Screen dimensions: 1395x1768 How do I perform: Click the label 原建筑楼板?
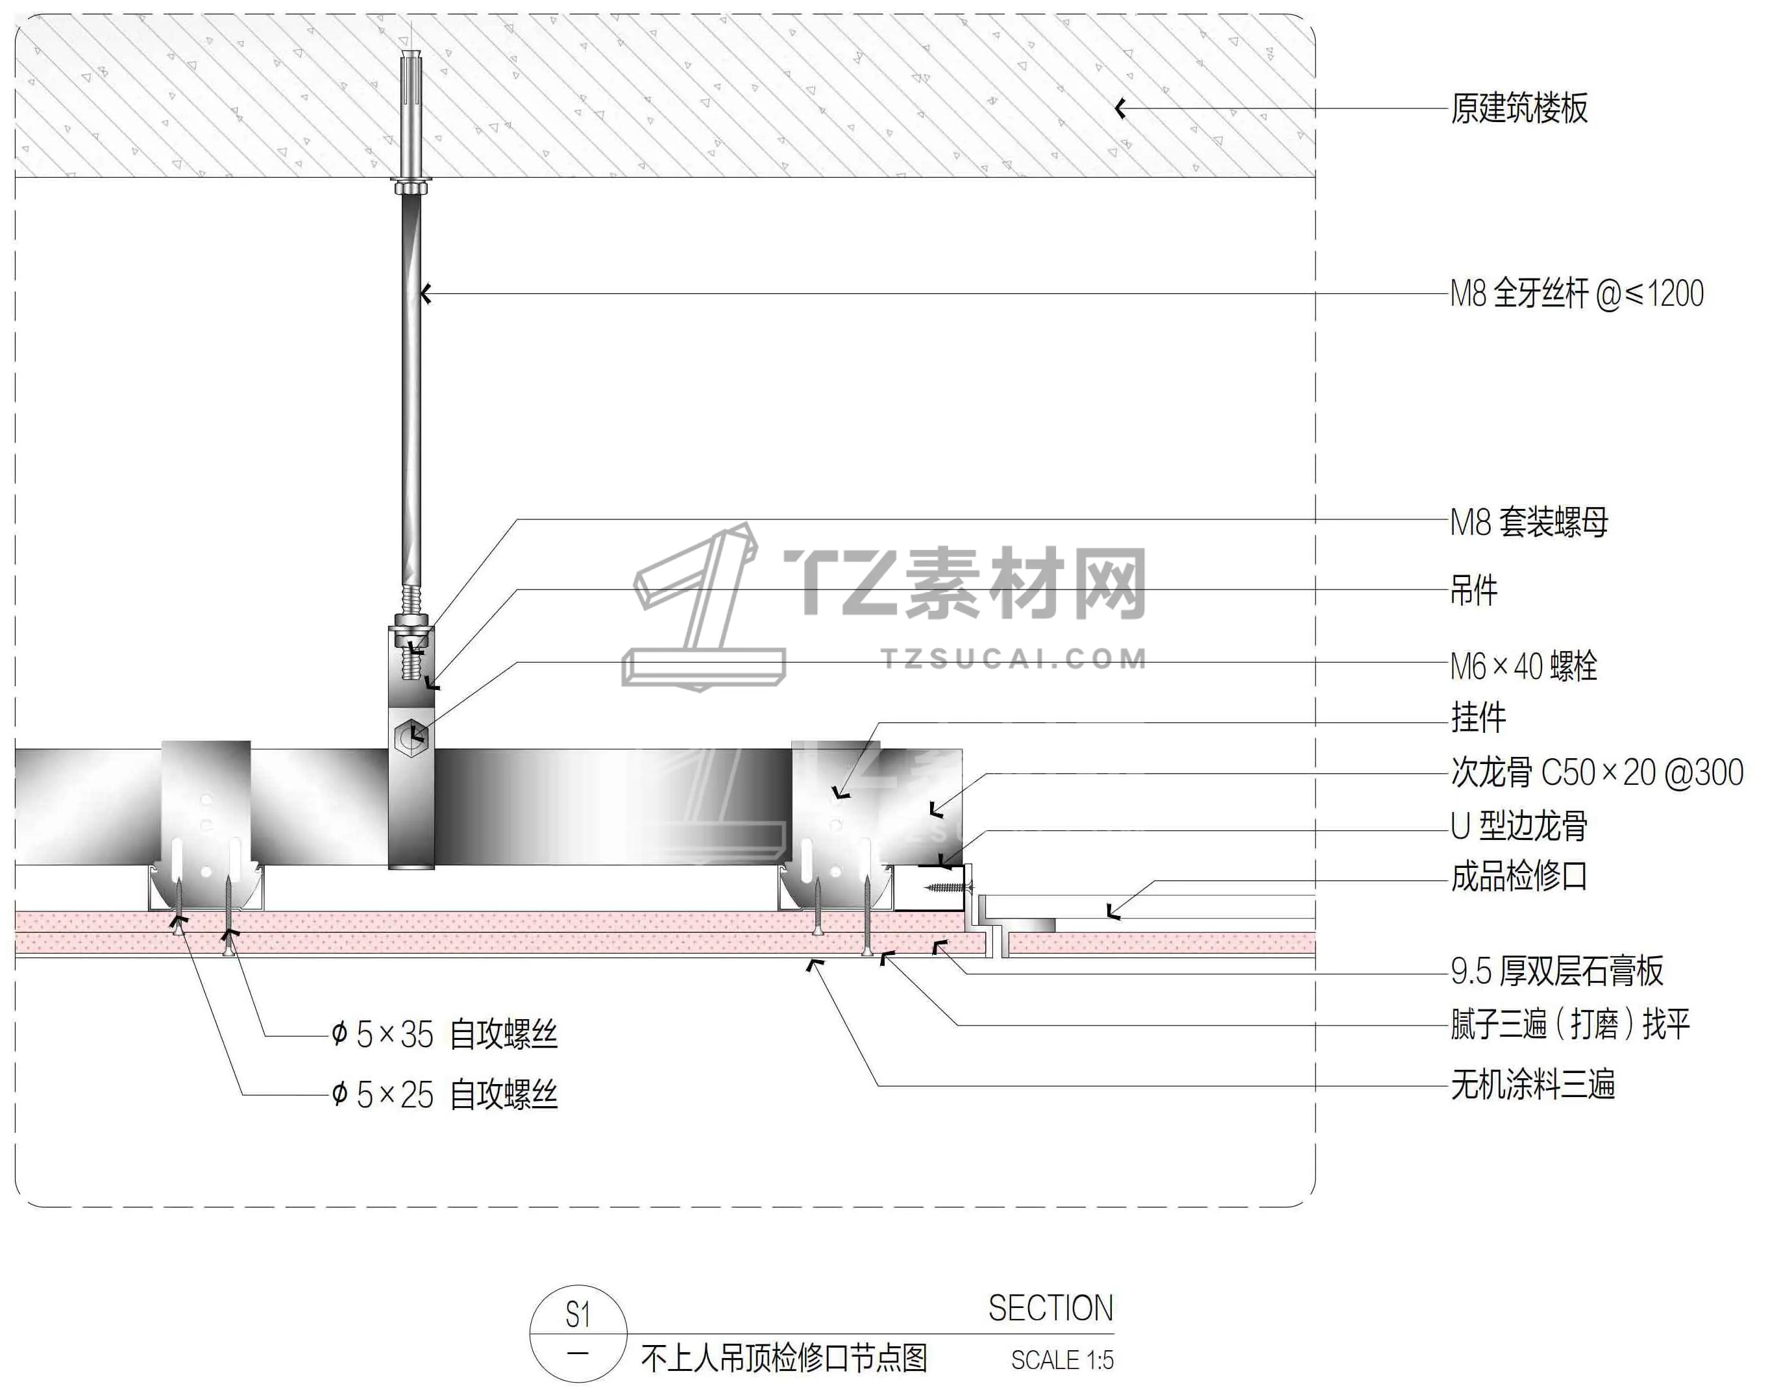coord(1518,108)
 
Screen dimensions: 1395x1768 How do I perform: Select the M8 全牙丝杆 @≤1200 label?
coord(1576,294)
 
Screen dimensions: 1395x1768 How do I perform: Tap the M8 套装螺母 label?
coord(1528,523)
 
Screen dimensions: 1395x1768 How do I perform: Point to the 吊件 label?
coord(1473,591)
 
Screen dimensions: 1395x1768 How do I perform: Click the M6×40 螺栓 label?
coord(1523,667)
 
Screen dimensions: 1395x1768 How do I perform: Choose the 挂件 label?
coord(1478,718)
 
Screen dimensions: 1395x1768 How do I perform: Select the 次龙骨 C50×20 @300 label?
coord(1597,772)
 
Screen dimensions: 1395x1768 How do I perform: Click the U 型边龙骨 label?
coord(1519,826)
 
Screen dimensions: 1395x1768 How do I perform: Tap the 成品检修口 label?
coord(1519,876)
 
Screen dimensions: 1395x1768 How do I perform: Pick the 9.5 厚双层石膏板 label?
coord(1556,971)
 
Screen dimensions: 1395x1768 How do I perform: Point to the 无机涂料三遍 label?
coord(1533,1085)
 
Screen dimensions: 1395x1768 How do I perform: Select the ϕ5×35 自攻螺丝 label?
coord(445,1035)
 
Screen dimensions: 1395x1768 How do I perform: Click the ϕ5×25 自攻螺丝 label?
coord(445,1094)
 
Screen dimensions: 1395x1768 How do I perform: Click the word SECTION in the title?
coord(1050,1309)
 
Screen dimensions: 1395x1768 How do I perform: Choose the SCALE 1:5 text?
coord(1062,1360)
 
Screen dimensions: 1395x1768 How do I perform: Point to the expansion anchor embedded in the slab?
coord(411,114)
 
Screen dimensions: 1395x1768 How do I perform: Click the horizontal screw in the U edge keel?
coord(948,886)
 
